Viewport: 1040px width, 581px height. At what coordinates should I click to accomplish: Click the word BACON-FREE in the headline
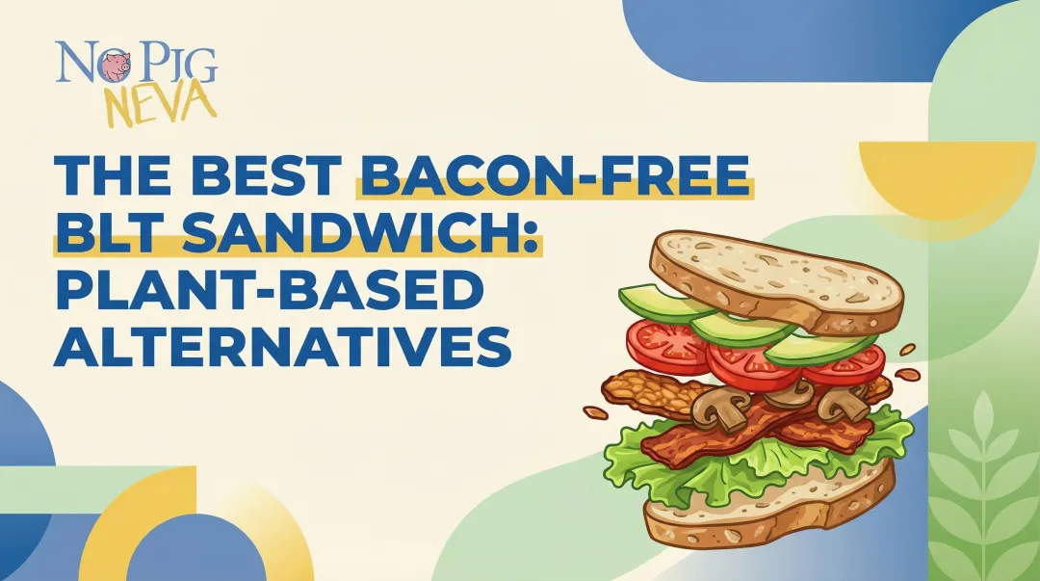[554, 176]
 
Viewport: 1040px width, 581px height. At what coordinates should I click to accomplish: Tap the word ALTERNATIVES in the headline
[282, 347]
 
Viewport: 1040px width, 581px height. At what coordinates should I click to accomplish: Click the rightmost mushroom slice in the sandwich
[842, 402]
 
